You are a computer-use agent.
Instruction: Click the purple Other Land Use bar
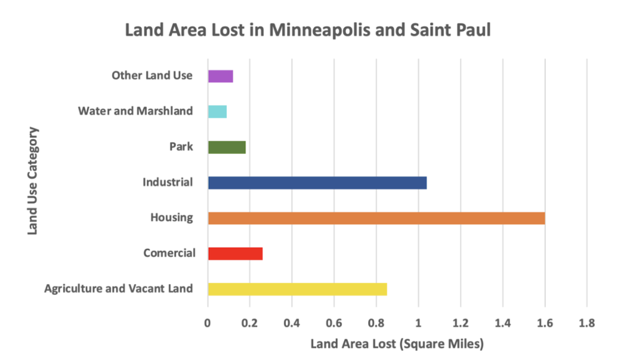[220, 76]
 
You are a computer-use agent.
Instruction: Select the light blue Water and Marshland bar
[217, 112]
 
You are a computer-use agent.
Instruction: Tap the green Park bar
[227, 147]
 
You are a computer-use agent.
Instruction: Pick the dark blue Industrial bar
[317, 182]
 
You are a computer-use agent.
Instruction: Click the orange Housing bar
[376, 218]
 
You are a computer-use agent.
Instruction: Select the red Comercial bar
[235, 253]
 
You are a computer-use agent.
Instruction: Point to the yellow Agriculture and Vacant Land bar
[298, 289]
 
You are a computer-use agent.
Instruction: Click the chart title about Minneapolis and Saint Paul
[308, 30]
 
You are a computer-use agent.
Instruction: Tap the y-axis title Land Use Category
[33, 181]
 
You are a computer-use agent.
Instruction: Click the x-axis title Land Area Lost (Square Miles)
[397, 343]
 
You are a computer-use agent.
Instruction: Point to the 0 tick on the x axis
[208, 323]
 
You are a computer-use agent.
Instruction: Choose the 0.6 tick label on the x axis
[334, 323]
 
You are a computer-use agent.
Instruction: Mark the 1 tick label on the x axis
[419, 323]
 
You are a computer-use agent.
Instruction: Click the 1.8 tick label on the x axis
[586, 323]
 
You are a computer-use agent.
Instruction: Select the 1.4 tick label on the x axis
[502, 323]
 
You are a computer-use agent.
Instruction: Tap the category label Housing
[171, 218]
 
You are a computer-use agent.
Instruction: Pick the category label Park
[181, 147]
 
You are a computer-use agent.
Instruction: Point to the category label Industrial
[167, 182]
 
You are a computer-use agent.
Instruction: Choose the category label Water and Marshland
[135, 112]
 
